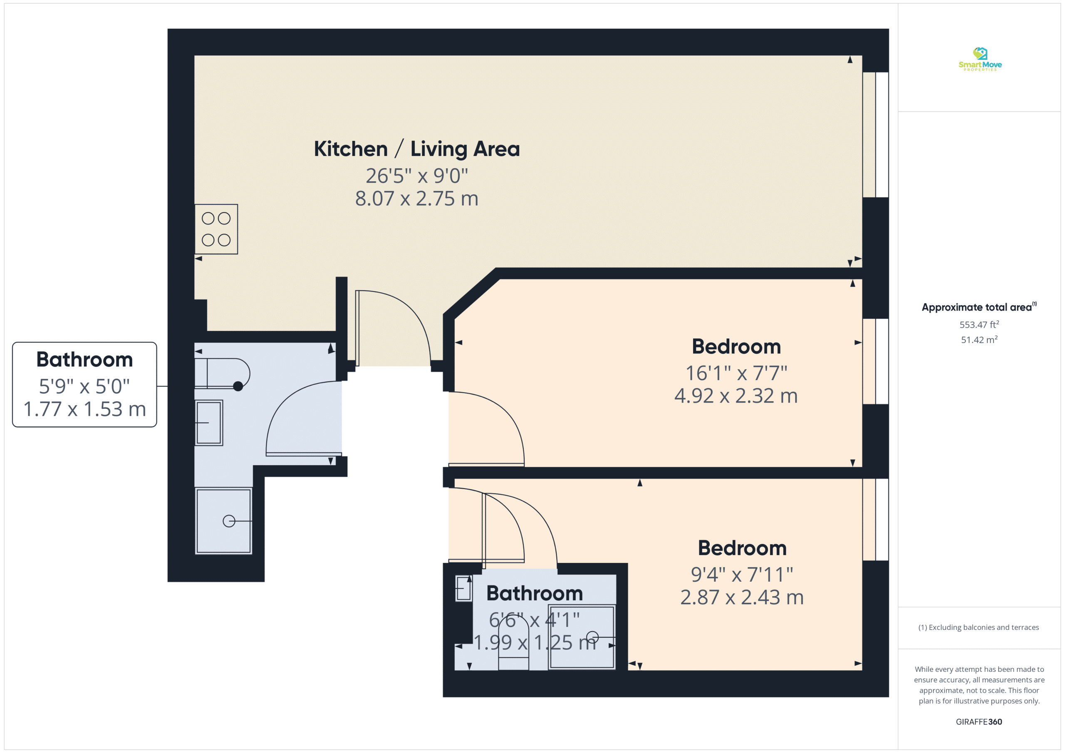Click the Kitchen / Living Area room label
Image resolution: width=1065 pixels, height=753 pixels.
pos(416,149)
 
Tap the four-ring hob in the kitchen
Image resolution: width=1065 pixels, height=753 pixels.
pos(216,229)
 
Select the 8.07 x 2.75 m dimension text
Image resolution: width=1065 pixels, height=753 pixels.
pos(416,198)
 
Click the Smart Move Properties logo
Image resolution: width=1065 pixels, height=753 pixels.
pos(980,59)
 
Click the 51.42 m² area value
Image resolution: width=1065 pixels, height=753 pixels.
pos(979,339)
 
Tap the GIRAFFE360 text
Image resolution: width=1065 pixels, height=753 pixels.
pos(979,721)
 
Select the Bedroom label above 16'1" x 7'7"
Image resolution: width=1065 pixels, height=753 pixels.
pos(736,346)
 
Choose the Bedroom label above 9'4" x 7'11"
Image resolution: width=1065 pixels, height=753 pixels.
pos(742,548)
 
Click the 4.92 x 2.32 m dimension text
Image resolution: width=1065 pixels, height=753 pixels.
pos(736,395)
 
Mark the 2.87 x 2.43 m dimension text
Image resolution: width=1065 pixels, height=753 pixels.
pos(742,597)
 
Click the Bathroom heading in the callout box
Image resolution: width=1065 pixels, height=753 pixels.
pos(84,359)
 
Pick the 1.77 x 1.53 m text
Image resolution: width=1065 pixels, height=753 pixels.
pos(84,409)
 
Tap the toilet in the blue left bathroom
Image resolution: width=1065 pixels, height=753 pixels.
pos(222,373)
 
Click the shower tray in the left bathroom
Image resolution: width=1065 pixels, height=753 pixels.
pos(223,521)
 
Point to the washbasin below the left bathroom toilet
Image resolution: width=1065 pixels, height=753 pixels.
pos(209,423)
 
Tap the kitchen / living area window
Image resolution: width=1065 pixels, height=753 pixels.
pos(875,135)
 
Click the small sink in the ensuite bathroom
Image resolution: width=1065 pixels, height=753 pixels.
pos(463,588)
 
